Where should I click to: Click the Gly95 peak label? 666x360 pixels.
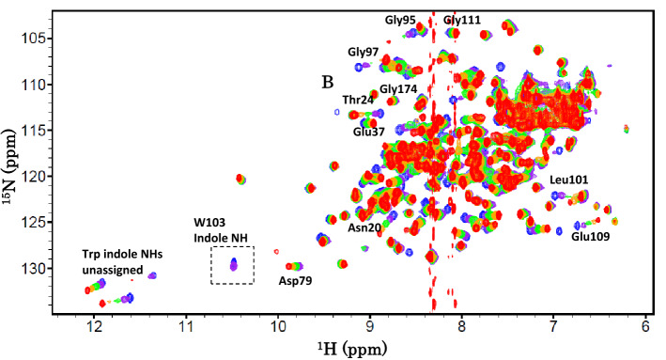click(x=405, y=20)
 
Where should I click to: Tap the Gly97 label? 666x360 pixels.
click(x=364, y=52)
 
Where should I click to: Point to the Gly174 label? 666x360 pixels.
click(x=398, y=89)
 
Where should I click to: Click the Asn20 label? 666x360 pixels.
click(x=365, y=227)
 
